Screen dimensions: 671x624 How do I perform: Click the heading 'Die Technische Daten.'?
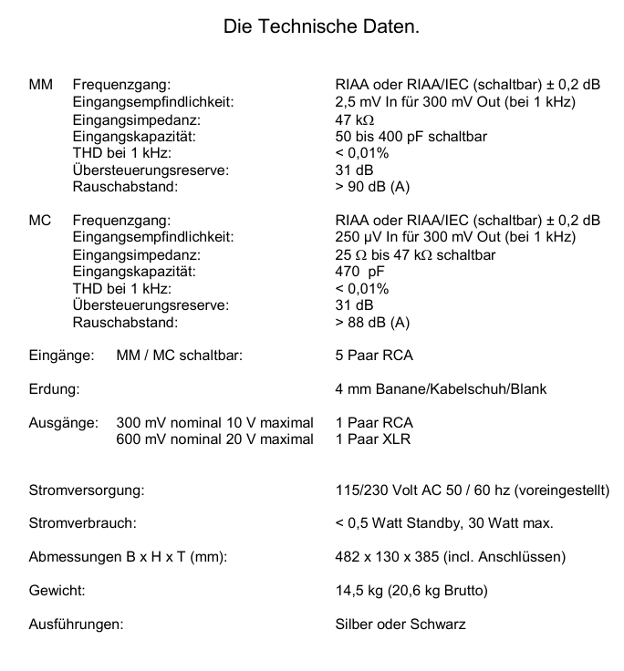[321, 27]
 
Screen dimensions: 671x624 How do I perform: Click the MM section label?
[41, 85]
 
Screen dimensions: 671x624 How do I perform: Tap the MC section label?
[40, 220]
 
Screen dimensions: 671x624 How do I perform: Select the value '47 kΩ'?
[355, 119]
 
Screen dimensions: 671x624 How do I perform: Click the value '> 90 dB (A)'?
[372, 187]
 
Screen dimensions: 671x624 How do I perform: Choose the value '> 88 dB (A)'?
[372, 322]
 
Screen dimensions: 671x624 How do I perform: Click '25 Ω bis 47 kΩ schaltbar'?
[415, 254]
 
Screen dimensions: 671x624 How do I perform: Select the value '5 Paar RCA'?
[374, 356]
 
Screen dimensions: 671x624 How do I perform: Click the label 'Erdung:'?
[54, 389]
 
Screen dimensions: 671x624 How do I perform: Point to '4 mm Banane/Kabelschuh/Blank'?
[441, 389]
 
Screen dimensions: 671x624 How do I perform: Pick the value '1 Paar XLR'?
[373, 439]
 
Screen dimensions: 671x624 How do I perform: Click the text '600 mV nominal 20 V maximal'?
[214, 439]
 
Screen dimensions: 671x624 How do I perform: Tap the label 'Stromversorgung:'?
[87, 490]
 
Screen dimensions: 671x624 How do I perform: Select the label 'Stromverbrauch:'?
[83, 523]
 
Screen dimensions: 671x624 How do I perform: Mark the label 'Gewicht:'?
[57, 591]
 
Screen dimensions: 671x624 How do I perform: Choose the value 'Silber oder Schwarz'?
[400, 625]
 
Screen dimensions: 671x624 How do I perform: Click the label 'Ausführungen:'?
[77, 625]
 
